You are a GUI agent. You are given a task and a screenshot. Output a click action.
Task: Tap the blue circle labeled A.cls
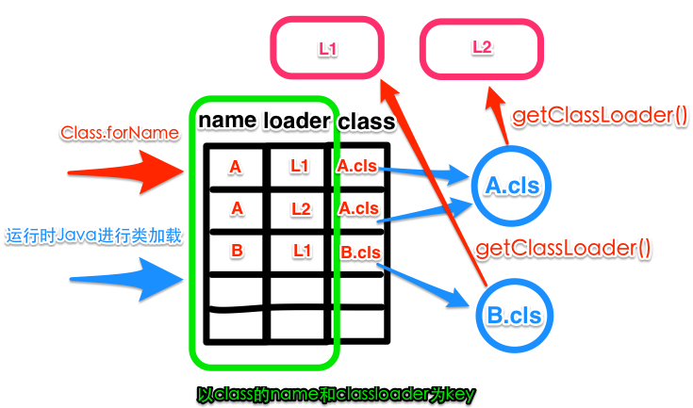pyautogui.click(x=512, y=186)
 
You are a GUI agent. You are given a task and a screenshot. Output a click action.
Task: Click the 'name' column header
pyautogui.click(x=226, y=121)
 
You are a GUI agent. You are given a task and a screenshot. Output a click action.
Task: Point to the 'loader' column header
pyautogui.click(x=297, y=121)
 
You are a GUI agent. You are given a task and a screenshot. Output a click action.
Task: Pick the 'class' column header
pyautogui.click(x=366, y=122)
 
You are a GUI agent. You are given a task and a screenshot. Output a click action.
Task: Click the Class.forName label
pyautogui.click(x=120, y=133)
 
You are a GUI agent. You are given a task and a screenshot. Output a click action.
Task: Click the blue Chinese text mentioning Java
pyautogui.click(x=92, y=236)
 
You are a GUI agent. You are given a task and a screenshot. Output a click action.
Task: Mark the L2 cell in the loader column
pyautogui.click(x=300, y=208)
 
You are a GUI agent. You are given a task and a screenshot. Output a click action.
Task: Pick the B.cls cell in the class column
pyautogui.click(x=359, y=252)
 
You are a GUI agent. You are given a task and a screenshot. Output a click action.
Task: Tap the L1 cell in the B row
pyautogui.click(x=300, y=251)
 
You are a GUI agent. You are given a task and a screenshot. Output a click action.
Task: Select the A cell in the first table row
pyautogui.click(x=235, y=167)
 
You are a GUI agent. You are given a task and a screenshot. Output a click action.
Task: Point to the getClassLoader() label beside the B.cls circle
pyautogui.click(x=563, y=249)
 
